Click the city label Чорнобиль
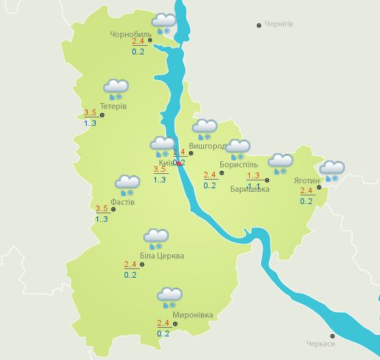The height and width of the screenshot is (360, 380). point(130,34)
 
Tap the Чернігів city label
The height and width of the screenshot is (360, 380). point(279,24)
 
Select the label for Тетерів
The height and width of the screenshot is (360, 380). point(115,106)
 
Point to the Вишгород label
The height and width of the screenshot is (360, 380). point(207,145)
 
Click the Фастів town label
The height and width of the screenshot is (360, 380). point(122,201)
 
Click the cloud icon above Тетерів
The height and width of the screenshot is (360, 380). point(115,89)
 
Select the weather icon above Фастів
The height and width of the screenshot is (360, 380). point(127,185)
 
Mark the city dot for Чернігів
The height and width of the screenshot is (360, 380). point(259,25)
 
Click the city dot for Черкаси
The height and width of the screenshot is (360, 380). point(332,336)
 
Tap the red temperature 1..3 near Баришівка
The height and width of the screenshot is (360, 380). point(253,175)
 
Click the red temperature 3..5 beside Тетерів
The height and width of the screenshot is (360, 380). point(90,113)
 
